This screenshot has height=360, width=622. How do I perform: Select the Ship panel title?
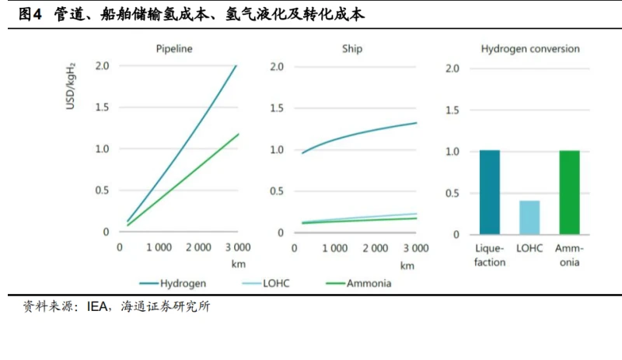pos(351,49)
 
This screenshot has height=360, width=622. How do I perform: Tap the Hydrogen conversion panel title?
pos(529,49)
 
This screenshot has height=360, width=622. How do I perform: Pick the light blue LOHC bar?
pos(529,217)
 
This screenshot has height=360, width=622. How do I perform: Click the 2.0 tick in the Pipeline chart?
pos(102,66)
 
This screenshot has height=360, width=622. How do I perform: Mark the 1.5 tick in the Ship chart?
pos(278,107)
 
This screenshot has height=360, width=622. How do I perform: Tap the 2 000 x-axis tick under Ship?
pos(376,247)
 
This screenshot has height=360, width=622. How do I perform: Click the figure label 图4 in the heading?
pos(30,15)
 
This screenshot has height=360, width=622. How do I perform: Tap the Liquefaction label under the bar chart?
pos(490,256)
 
